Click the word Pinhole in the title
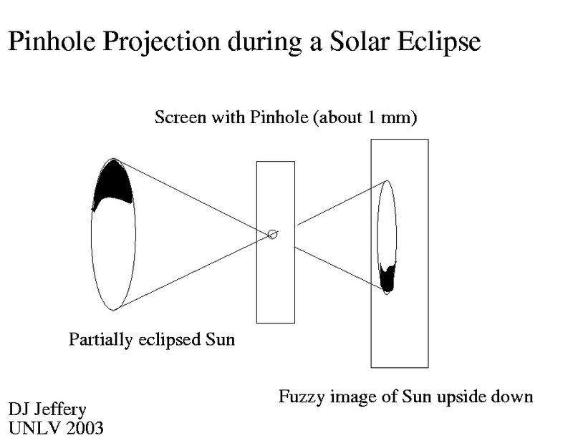tap(52, 41)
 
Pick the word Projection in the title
tap(161, 42)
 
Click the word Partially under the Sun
tap(100, 340)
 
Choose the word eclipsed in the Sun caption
tap(170, 340)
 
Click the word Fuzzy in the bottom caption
tap(302, 397)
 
